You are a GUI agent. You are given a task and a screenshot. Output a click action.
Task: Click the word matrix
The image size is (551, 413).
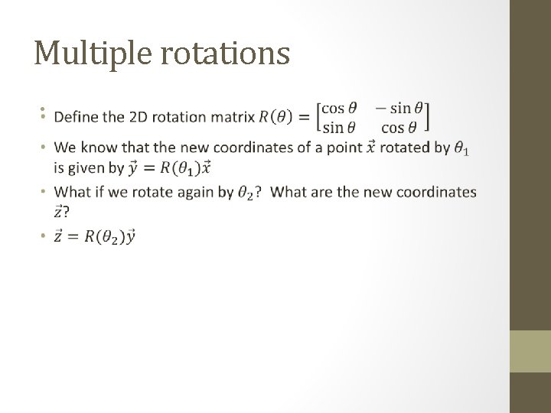point(232,117)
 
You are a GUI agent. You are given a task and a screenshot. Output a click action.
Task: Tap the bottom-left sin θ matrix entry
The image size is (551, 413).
point(340,126)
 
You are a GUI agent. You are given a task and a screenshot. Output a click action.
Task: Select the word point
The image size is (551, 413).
point(342,148)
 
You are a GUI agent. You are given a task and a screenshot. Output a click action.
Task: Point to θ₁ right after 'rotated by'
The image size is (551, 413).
point(461,149)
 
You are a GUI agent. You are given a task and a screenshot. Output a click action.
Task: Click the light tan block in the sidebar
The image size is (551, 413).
point(530,351)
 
